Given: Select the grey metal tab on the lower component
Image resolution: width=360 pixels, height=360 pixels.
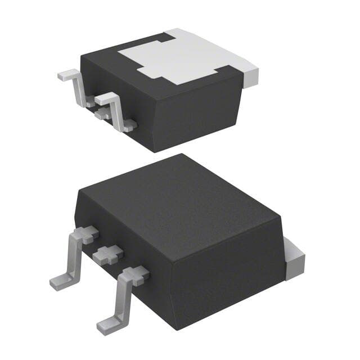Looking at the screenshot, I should (294, 259).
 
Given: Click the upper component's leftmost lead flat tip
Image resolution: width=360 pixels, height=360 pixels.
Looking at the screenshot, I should (66, 74).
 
